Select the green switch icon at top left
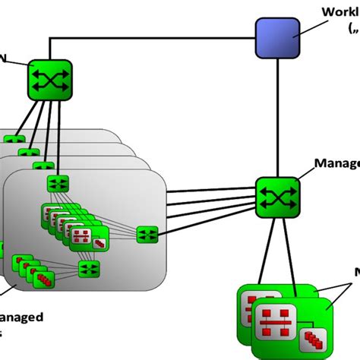pyautogui.click(x=50, y=77)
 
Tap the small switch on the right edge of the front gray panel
pyautogui.click(x=147, y=235)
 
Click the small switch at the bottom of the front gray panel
pyautogui.click(x=90, y=268)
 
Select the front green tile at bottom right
pyautogui.click(x=292, y=327)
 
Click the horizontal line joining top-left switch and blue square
pyautogui.click(x=152, y=36)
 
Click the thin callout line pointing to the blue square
pyautogui.click(x=312, y=27)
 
